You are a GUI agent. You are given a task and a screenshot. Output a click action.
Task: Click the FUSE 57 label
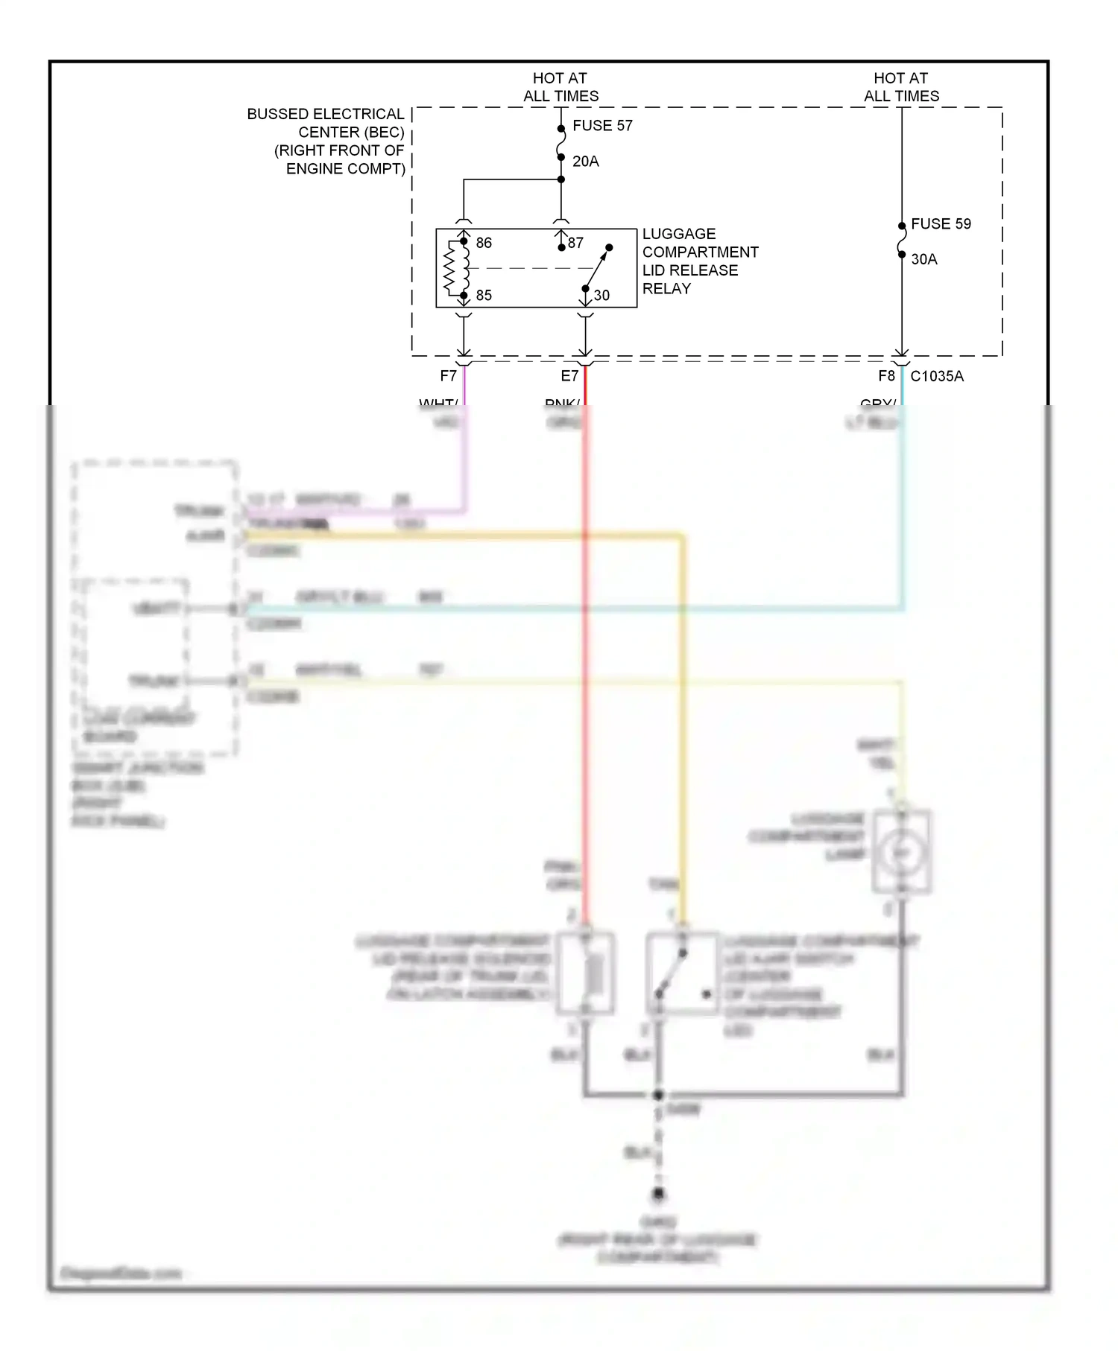[x=602, y=126]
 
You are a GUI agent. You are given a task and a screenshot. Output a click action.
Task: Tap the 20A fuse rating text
[x=585, y=162]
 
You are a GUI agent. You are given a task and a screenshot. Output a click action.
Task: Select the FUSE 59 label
[x=941, y=224]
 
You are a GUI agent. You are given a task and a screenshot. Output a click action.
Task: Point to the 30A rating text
[x=923, y=259]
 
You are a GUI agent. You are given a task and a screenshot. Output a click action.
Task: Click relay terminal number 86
[x=484, y=243]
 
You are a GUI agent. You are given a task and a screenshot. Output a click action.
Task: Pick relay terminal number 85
[x=484, y=296]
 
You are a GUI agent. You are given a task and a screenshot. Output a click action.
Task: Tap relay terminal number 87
[x=575, y=243]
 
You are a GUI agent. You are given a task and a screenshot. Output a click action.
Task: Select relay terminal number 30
[x=601, y=296]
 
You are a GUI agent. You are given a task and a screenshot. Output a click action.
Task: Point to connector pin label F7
[x=448, y=376]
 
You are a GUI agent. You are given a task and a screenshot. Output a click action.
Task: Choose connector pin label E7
[x=569, y=376]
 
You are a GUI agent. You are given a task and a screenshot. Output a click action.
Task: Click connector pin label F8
[x=885, y=376]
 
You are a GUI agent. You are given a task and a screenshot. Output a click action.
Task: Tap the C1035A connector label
[x=937, y=376]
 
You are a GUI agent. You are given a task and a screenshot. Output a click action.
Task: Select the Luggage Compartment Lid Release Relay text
[x=699, y=261]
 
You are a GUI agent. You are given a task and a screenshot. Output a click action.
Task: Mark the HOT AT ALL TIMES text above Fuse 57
[x=560, y=87]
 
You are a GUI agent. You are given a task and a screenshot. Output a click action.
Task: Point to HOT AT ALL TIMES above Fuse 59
[x=901, y=87]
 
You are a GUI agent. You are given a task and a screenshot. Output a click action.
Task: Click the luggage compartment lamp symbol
[x=902, y=852]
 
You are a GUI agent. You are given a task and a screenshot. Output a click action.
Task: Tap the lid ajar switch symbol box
[x=682, y=973]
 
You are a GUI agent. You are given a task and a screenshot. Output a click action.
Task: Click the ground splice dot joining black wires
[x=658, y=1095]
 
